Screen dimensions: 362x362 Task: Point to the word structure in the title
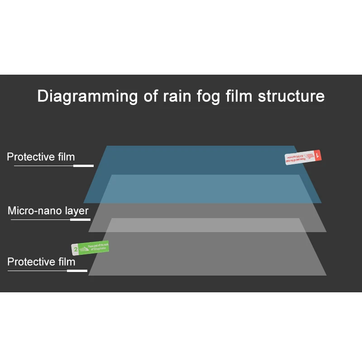tap(291, 96)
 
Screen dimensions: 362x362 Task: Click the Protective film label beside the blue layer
tap(41, 157)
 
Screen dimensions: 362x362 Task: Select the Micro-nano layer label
tap(48, 211)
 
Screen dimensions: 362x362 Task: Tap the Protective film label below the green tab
tap(41, 262)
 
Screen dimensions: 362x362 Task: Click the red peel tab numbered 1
tap(303, 157)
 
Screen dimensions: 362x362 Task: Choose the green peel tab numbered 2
tap(90, 248)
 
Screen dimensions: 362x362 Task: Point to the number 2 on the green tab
tap(75, 249)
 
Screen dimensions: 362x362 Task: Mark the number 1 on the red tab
tap(318, 155)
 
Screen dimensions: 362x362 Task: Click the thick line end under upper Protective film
tap(83, 166)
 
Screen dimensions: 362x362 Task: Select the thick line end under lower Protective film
tap(77, 271)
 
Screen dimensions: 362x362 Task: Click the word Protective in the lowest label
tap(29, 262)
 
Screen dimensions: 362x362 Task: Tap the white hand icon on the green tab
tap(84, 248)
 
